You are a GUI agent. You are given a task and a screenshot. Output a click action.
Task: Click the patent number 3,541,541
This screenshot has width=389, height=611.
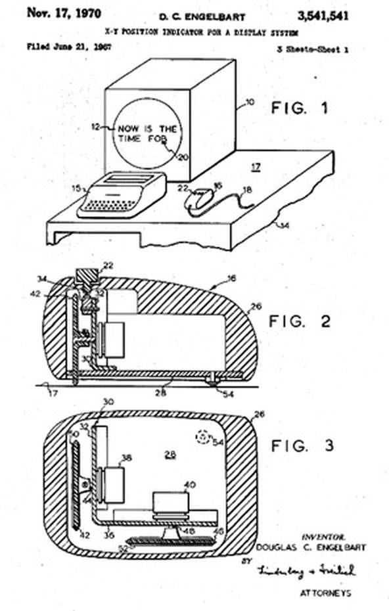[x=334, y=14]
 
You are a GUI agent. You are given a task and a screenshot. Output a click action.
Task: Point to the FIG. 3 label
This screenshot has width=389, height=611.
[x=302, y=446]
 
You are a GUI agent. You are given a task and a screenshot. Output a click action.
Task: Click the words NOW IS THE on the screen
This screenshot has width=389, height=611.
[x=145, y=129]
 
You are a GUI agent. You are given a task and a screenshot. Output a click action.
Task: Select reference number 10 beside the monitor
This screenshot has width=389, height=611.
[x=249, y=103]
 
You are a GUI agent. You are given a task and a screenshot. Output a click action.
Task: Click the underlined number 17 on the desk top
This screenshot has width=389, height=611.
[x=255, y=167]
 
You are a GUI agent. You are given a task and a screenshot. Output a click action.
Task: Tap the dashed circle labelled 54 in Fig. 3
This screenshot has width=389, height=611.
[x=202, y=436]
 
